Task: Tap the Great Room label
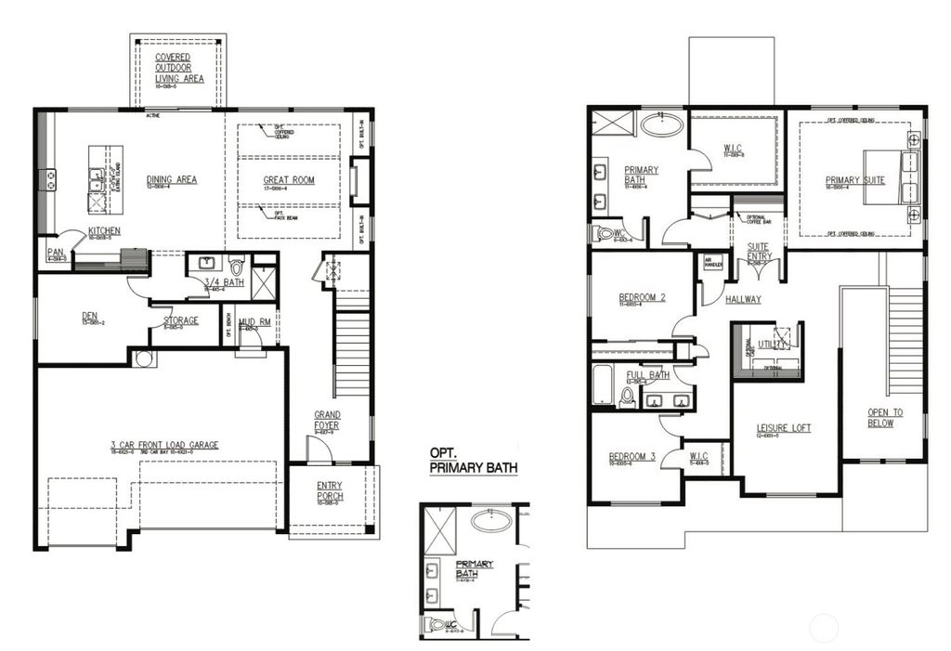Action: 287,179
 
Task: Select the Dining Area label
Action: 172,179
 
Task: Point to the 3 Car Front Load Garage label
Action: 164,445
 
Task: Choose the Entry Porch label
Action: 330,490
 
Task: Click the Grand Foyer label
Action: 327,420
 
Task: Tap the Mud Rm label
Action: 247,322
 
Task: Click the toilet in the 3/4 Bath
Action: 235,267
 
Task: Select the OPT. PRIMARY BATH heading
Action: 473,460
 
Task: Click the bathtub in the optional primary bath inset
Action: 491,520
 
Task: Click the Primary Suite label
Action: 855,180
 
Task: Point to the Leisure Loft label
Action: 783,427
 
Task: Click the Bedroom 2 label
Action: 643,298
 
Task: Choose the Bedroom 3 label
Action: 632,456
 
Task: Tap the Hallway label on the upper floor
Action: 743,299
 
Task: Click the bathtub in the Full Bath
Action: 603,384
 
